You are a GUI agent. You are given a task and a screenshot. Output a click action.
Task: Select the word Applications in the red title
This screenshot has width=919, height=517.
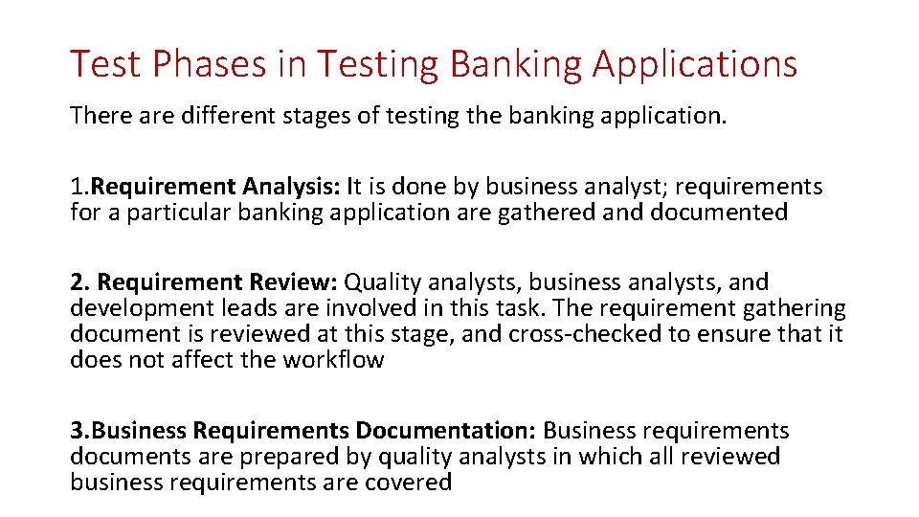pyautogui.click(x=694, y=64)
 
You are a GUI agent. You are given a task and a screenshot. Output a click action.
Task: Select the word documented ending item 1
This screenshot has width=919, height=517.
pyautogui.click(x=719, y=213)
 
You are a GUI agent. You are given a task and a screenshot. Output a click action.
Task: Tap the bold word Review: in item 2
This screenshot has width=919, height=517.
pyautogui.click(x=294, y=282)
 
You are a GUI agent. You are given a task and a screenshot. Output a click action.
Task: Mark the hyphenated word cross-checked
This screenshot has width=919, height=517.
pyautogui.click(x=585, y=334)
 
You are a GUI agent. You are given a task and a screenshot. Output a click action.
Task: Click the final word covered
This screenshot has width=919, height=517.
pyautogui.click(x=409, y=483)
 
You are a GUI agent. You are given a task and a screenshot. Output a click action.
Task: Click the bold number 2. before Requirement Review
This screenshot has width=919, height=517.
pyautogui.click(x=79, y=282)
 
